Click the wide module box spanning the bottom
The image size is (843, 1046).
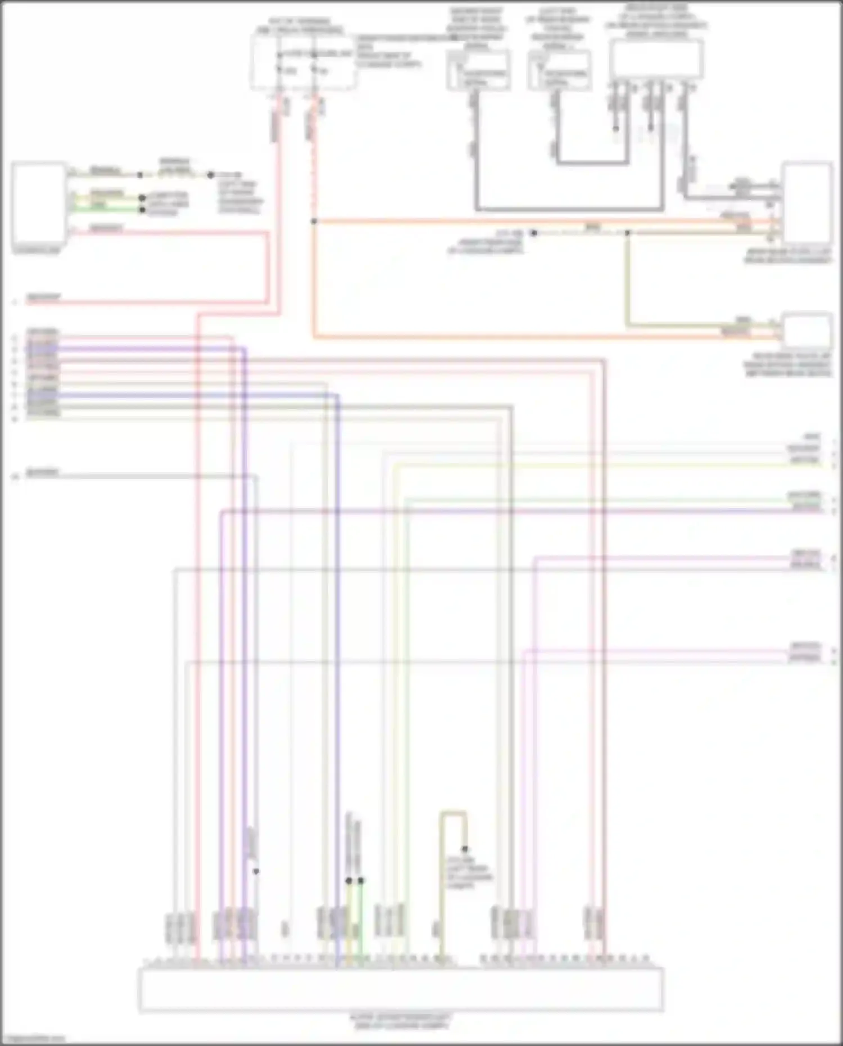pyautogui.click(x=401, y=989)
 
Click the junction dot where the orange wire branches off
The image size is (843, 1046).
pyautogui.click(x=314, y=221)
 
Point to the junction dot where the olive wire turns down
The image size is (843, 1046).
pyautogui.click(x=628, y=232)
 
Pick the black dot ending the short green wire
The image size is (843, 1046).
pyautogui.click(x=142, y=209)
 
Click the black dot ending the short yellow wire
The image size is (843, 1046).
pyautogui.click(x=142, y=198)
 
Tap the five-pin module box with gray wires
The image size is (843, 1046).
pyautogui.click(x=656, y=59)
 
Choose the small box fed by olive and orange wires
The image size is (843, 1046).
pyautogui.click(x=808, y=330)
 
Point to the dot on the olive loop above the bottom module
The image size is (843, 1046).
pyautogui.click(x=465, y=849)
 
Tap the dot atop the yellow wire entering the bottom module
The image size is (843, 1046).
pyautogui.click(x=349, y=881)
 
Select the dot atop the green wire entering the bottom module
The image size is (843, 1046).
pyautogui.click(x=361, y=881)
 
